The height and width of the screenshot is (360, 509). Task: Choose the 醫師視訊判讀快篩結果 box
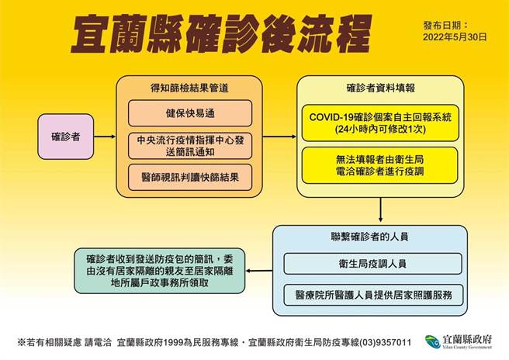(190, 178)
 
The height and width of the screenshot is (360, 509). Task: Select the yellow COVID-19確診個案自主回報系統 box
(381, 122)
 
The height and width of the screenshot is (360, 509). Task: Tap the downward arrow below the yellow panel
(381, 209)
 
